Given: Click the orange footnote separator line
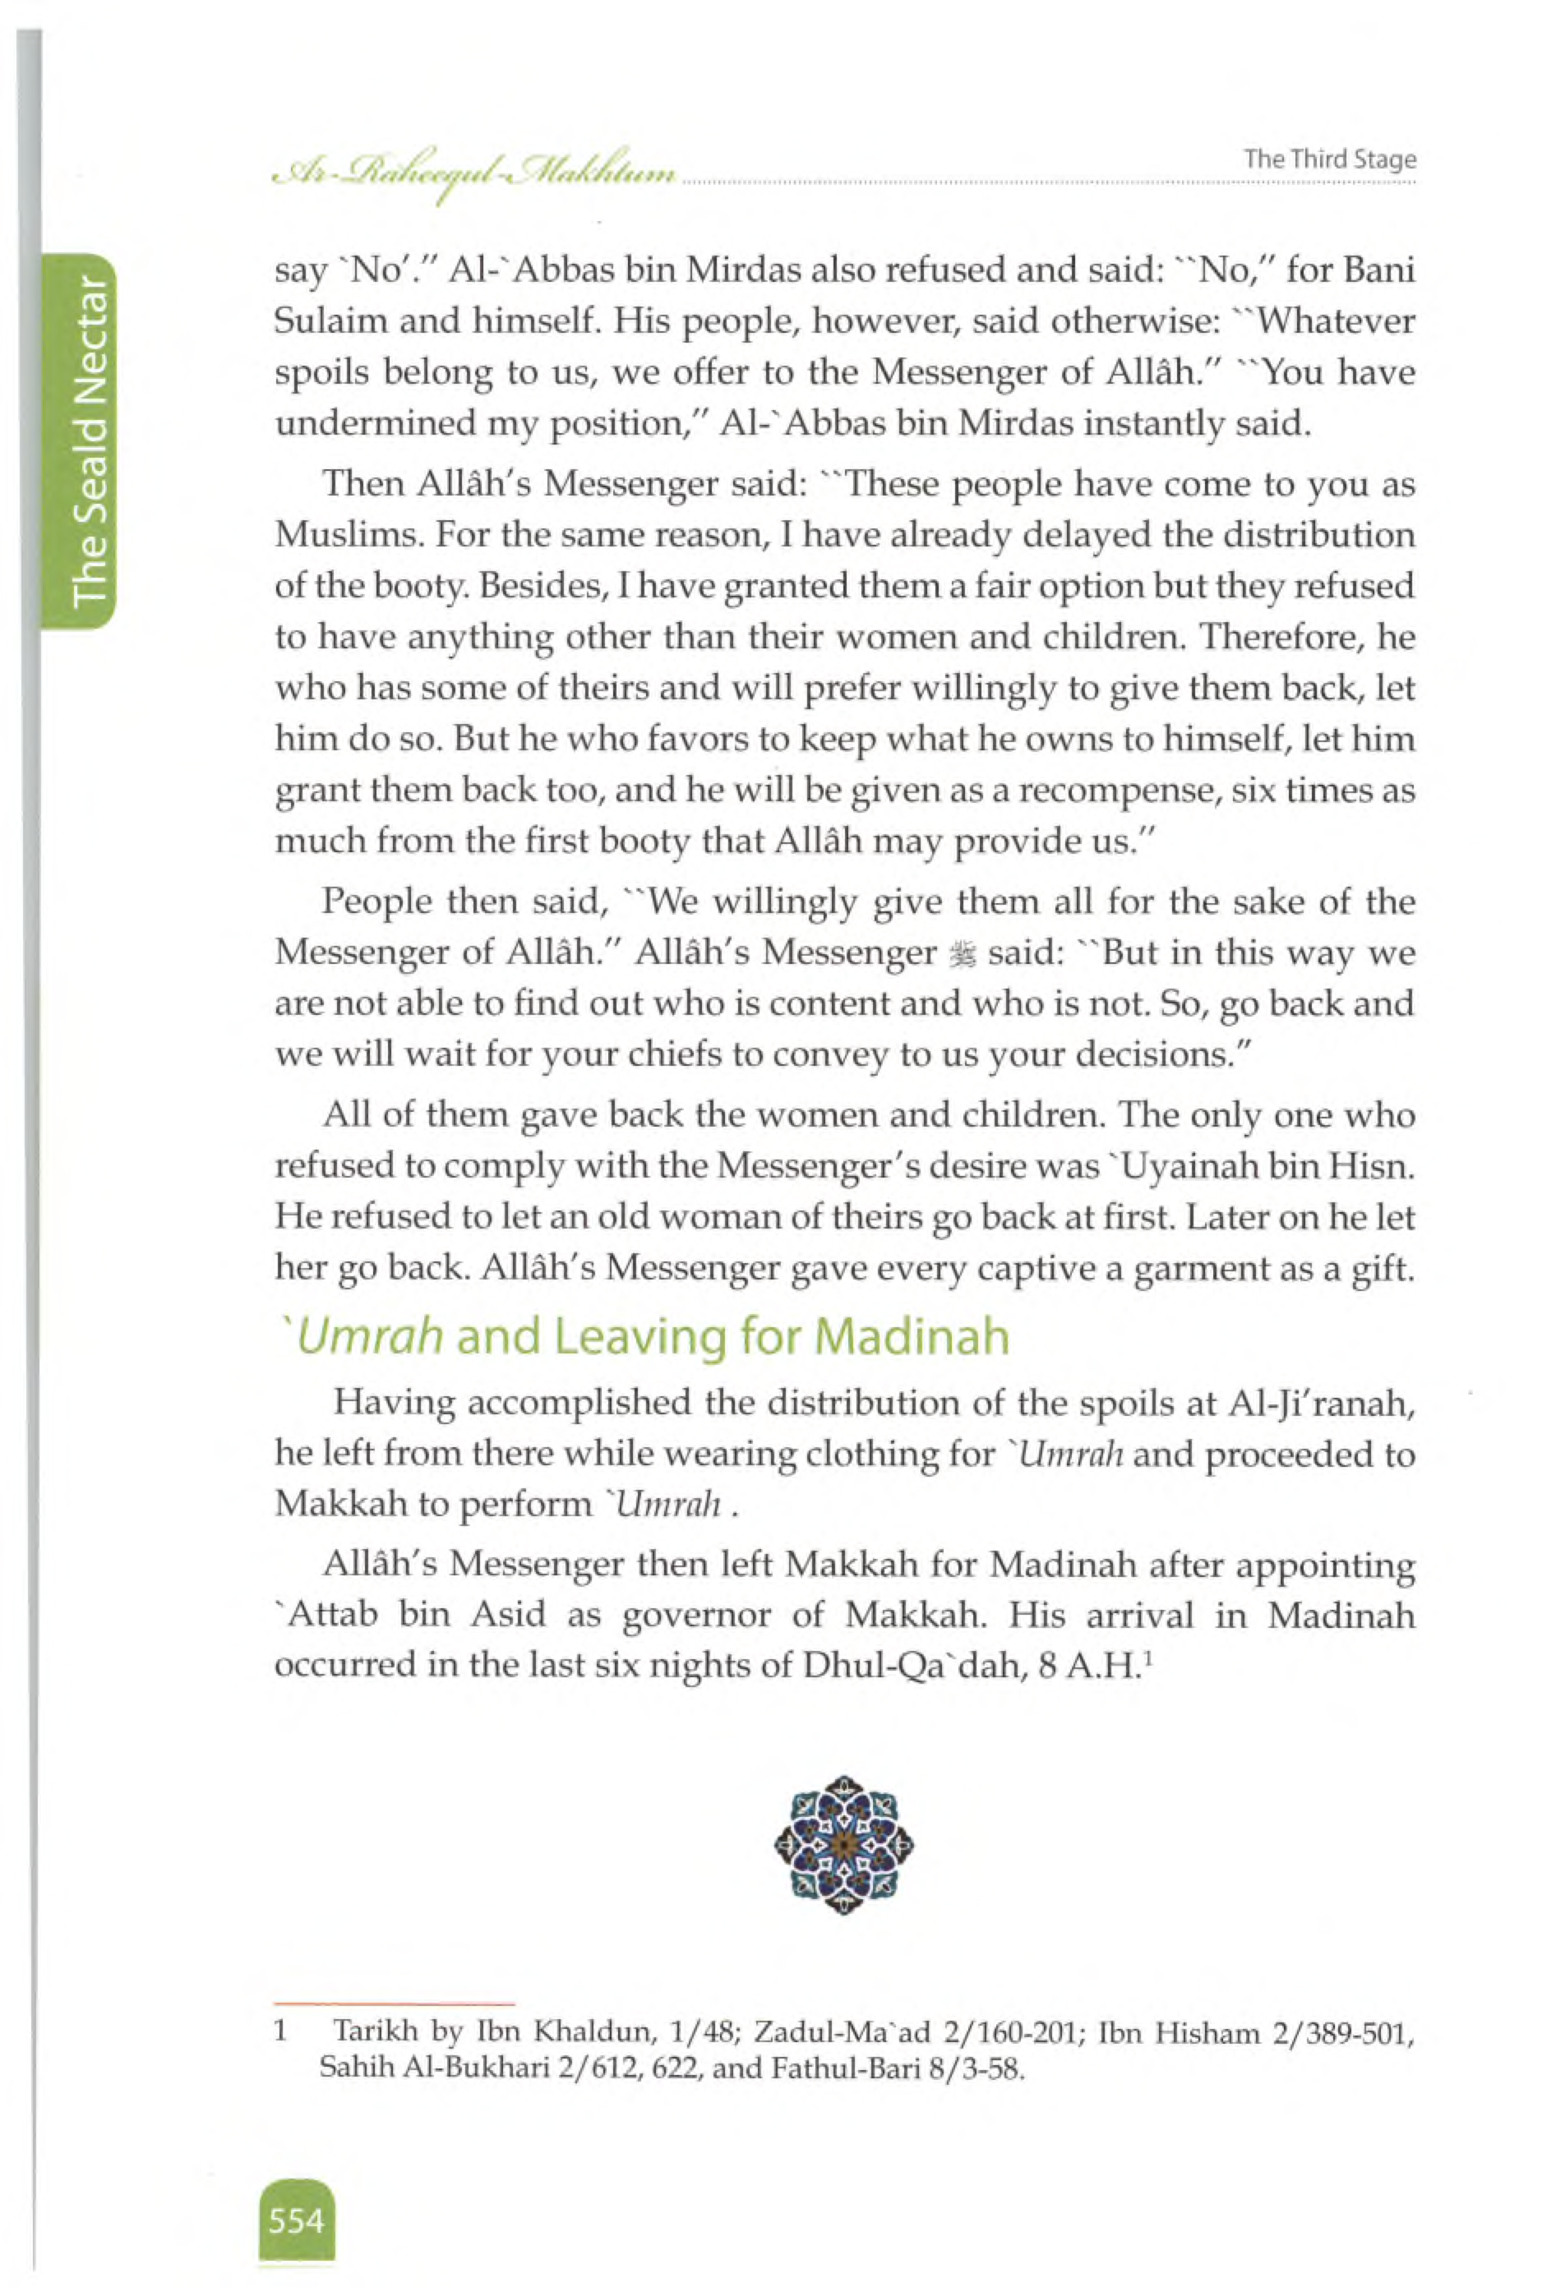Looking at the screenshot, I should click(x=394, y=2002).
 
